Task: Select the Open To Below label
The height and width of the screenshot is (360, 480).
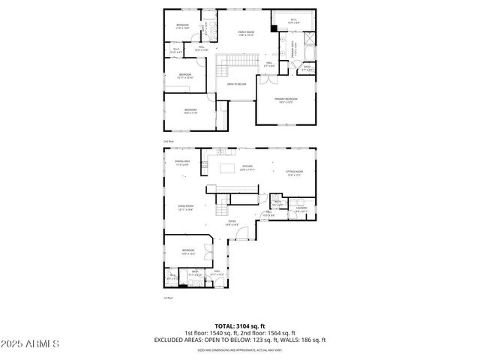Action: tap(238, 84)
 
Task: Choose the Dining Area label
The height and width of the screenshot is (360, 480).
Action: tap(182, 163)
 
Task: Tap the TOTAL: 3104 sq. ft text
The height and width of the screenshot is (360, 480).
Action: tap(239, 325)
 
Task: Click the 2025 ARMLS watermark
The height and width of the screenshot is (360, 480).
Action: tap(31, 343)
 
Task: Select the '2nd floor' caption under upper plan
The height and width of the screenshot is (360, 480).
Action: tap(169, 141)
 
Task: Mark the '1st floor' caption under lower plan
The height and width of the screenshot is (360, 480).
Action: tap(169, 298)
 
